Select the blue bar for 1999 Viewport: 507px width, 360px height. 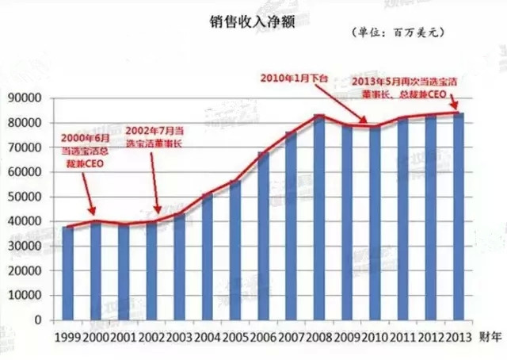[x=68, y=274]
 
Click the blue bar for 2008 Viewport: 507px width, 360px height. [x=318, y=218]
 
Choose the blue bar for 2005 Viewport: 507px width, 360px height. [x=235, y=251]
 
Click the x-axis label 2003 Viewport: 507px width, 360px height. [x=179, y=336]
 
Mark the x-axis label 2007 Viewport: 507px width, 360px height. [x=291, y=336]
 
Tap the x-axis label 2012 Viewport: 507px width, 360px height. [x=430, y=336]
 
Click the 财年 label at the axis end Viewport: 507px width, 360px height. [x=490, y=336]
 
